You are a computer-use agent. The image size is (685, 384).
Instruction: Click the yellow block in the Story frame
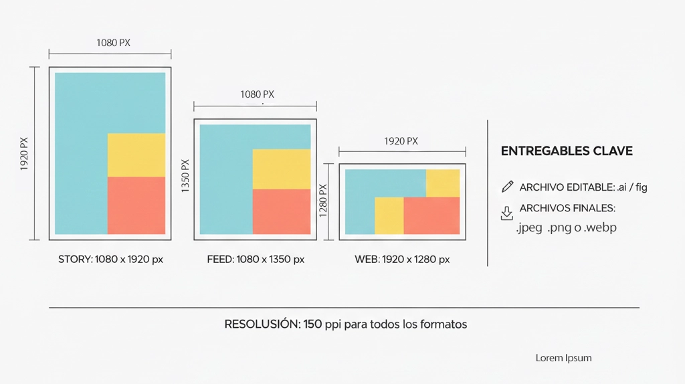click(x=136, y=155)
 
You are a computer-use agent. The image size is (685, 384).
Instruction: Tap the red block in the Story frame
click(x=136, y=205)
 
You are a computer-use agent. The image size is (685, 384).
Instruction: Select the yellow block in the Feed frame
click(x=281, y=169)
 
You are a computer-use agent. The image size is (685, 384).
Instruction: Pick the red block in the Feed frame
click(x=281, y=211)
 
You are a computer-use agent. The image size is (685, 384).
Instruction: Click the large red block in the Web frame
click(x=431, y=215)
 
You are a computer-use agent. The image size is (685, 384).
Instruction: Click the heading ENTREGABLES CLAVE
click(x=567, y=151)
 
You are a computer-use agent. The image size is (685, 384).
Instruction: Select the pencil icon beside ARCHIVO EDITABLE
click(x=507, y=187)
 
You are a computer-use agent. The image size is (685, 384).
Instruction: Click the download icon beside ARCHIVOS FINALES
click(x=507, y=213)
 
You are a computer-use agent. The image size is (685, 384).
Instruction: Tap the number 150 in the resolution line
click(x=312, y=324)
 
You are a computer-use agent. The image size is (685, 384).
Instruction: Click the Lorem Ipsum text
click(x=563, y=358)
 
